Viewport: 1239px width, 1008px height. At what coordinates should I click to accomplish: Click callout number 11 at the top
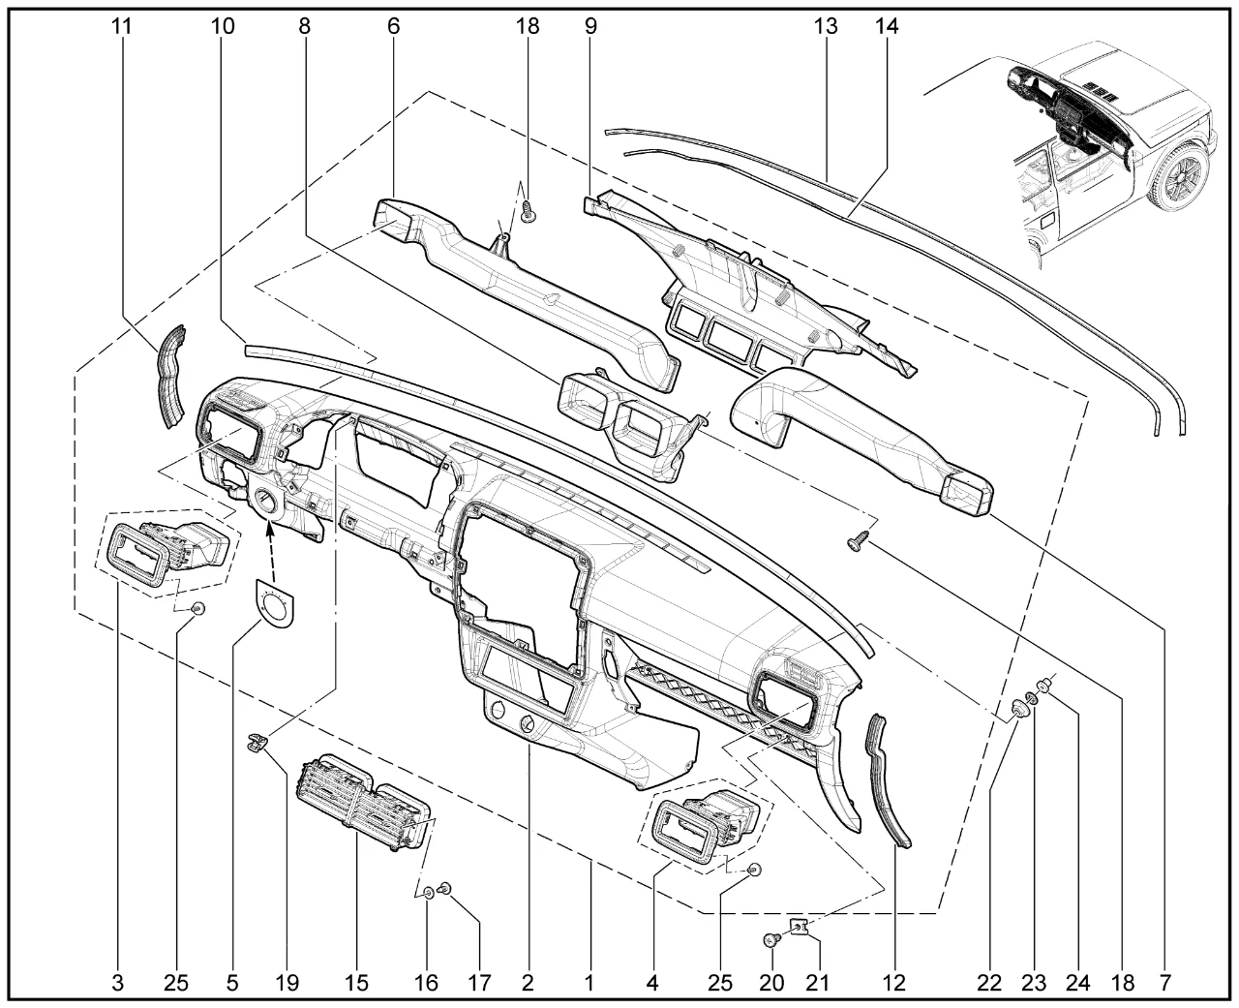pos(122,26)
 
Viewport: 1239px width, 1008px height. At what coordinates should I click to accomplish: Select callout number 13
pos(826,26)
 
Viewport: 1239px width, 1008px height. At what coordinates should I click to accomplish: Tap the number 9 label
pos(590,26)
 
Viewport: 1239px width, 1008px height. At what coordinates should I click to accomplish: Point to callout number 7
pos(1165,983)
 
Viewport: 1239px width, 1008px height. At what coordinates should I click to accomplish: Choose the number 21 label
pos(817,983)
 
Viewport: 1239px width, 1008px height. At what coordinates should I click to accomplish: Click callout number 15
pos(356,983)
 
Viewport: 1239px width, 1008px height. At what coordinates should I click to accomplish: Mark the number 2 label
pos(528,983)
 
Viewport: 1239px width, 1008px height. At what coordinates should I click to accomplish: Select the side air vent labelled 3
pos(168,552)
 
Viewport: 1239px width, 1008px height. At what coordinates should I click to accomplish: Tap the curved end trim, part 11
pos(171,376)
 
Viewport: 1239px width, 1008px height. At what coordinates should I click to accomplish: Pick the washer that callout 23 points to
pos(1030,698)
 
